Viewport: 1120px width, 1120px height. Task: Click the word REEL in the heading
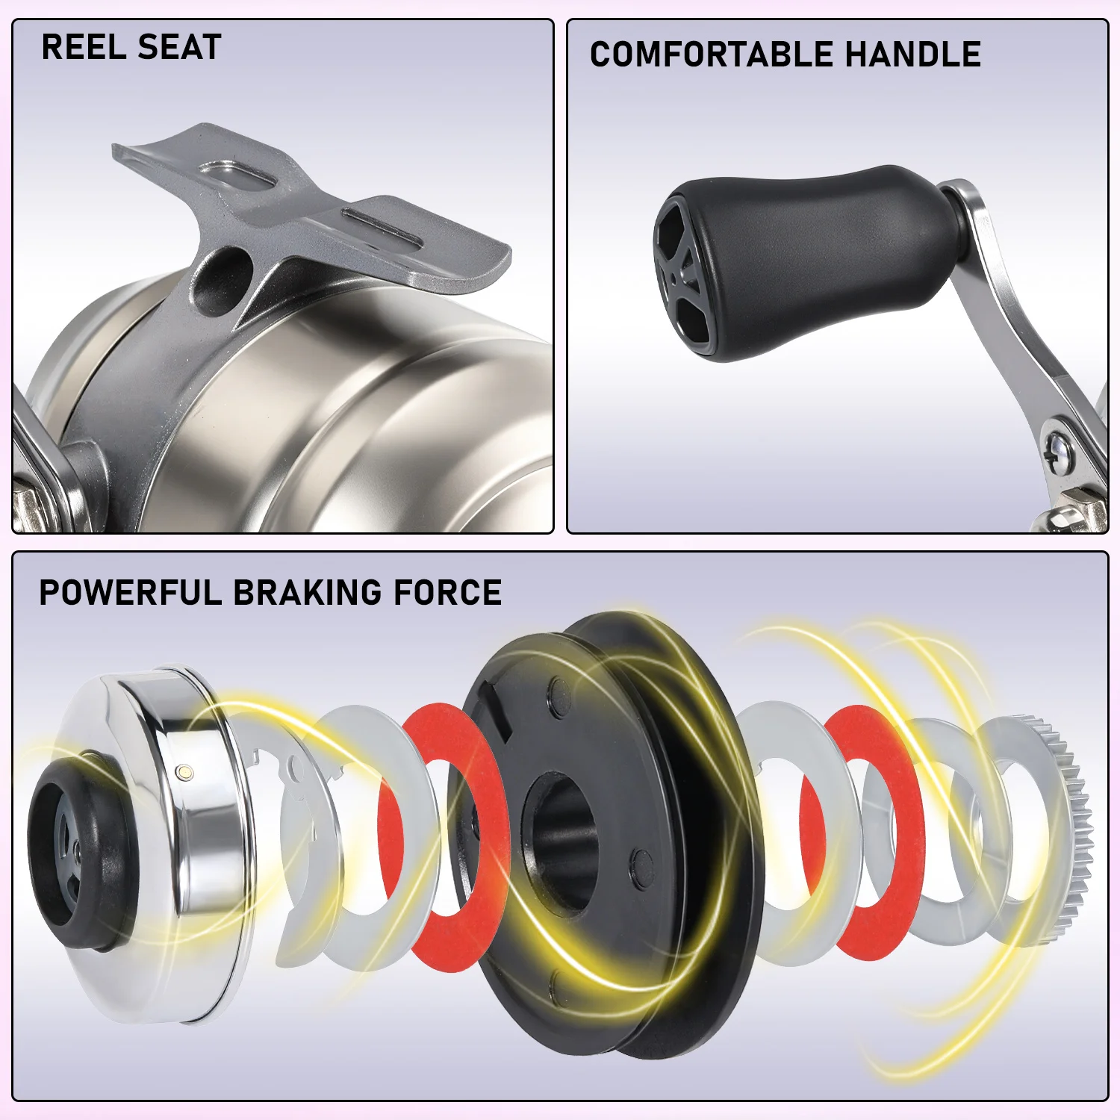pyautogui.click(x=84, y=47)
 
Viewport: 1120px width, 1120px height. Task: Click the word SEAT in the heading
pyautogui.click(x=180, y=47)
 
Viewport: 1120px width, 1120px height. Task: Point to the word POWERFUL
pyautogui.click(x=131, y=593)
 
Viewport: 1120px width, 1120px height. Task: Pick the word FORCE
pyautogui.click(x=447, y=593)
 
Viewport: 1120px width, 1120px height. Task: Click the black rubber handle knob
pyautogui.click(x=806, y=261)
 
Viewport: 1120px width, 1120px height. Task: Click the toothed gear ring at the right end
pyautogui.click(x=1042, y=829)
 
